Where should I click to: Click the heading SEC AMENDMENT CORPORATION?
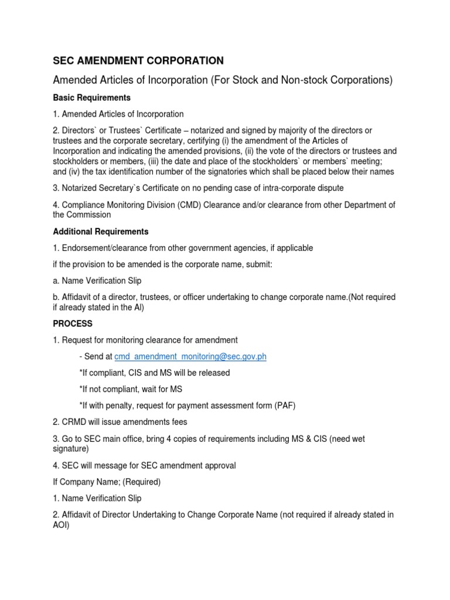click(138, 60)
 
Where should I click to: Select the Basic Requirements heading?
click(91, 97)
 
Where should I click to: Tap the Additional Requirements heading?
click(101, 231)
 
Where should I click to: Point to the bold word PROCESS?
click(73, 323)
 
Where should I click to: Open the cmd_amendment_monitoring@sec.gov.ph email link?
click(190, 356)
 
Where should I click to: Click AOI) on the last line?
click(62, 526)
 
